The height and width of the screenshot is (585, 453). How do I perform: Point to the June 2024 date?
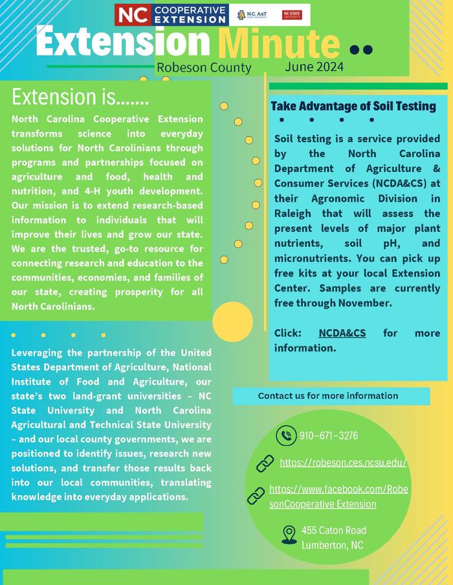click(x=314, y=67)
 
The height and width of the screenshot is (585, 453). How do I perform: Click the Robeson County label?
click(x=203, y=68)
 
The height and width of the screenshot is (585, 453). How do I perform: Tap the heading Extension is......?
click(x=80, y=98)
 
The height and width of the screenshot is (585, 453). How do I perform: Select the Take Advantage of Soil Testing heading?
click(x=353, y=106)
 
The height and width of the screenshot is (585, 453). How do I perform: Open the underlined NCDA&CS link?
click(x=342, y=333)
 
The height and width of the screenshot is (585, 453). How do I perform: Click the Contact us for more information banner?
click(x=328, y=396)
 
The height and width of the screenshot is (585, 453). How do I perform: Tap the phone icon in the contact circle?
click(x=285, y=436)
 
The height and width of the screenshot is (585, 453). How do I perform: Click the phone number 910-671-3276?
click(x=329, y=436)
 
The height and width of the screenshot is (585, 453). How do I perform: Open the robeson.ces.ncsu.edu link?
click(x=343, y=463)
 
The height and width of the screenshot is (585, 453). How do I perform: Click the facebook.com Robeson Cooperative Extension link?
click(x=338, y=496)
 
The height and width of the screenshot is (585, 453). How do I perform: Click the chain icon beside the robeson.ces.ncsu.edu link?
click(x=265, y=463)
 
